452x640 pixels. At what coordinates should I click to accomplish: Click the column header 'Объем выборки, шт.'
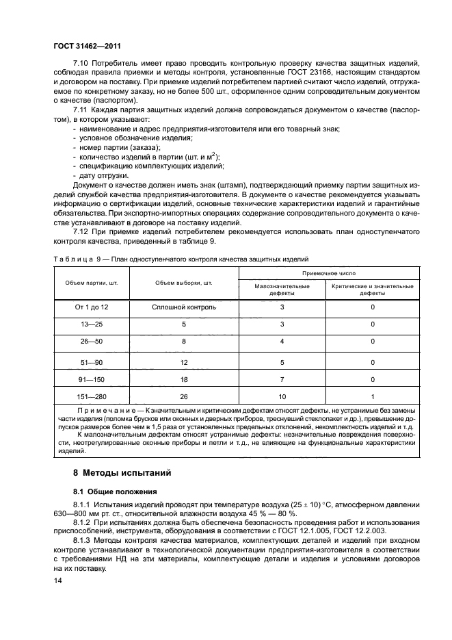(x=183, y=282)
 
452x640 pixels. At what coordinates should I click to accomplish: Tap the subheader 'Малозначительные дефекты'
(x=282, y=290)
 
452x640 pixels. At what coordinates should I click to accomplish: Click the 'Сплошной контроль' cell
(x=184, y=307)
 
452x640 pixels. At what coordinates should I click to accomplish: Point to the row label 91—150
(x=92, y=379)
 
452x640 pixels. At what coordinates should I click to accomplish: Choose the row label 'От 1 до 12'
(x=92, y=307)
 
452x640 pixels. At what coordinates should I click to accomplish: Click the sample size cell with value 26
(x=184, y=396)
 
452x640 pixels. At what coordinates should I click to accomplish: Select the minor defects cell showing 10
(x=282, y=396)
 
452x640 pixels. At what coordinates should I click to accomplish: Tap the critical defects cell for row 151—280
(x=373, y=396)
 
